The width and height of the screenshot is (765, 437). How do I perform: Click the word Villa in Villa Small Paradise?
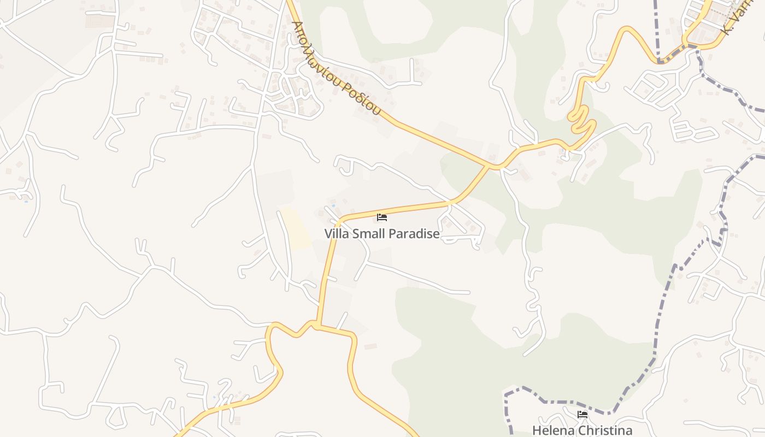[337, 234]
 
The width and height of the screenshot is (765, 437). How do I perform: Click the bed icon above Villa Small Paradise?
[382, 217]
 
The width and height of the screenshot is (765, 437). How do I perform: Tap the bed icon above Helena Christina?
[582, 415]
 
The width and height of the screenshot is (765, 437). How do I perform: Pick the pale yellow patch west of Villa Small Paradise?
[296, 227]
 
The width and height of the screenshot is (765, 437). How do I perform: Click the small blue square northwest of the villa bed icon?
[333, 206]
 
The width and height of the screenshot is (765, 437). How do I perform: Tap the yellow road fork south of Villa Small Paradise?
[317, 326]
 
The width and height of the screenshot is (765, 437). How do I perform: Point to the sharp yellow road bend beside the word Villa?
[339, 221]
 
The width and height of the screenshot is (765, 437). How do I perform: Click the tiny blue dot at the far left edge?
[25, 201]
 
